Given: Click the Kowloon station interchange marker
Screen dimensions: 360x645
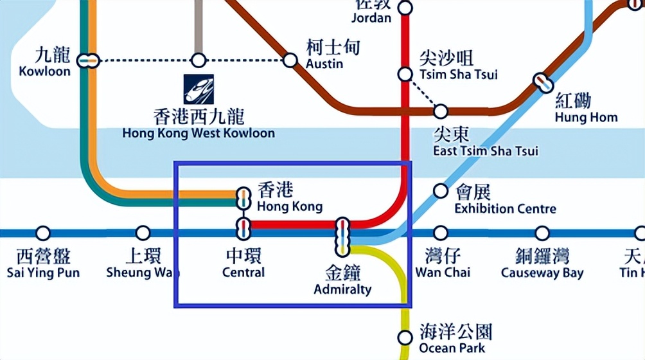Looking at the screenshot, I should click(87, 61).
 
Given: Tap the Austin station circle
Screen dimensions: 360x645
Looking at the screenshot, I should click(290, 60).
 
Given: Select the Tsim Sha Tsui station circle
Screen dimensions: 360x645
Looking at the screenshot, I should click(405, 74).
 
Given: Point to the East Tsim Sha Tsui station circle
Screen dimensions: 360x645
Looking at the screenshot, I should click(440, 111).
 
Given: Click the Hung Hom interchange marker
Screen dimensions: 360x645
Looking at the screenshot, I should click(543, 82).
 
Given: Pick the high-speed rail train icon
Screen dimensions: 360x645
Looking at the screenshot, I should click(199, 89).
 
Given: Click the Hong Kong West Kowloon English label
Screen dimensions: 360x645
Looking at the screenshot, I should click(199, 134).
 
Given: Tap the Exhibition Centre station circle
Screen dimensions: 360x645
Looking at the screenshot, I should click(440, 191).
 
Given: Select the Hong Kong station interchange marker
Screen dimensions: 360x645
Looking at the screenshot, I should click(243, 198).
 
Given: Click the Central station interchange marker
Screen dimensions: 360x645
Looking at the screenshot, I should click(243, 226).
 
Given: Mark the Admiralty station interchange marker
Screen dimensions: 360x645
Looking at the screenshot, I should click(342, 236).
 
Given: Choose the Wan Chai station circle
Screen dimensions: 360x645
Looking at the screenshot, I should click(440, 233).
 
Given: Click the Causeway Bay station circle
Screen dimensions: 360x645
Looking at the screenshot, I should click(542, 233).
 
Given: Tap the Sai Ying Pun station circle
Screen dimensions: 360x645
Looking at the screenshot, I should click(43, 233).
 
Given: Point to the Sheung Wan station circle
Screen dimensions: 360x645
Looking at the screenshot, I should click(143, 233).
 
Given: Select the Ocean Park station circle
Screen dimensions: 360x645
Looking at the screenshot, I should click(405, 337).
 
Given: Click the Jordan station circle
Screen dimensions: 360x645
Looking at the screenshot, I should click(405, 8).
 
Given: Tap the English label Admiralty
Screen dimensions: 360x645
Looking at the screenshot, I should click(342, 289).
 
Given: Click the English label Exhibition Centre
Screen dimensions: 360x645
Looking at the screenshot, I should click(505, 209).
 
